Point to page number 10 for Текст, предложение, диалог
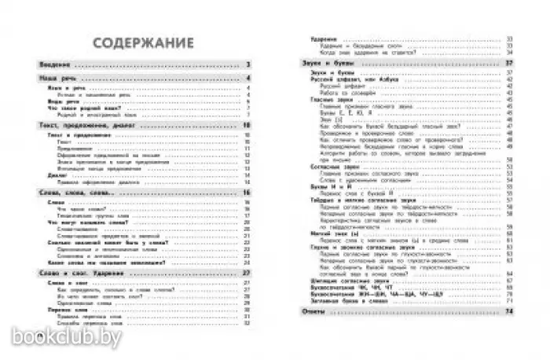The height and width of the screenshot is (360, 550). click(x=246, y=125)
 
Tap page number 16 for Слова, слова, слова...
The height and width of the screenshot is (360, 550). click(x=246, y=193)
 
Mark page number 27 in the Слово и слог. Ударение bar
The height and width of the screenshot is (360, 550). click(x=246, y=272)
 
